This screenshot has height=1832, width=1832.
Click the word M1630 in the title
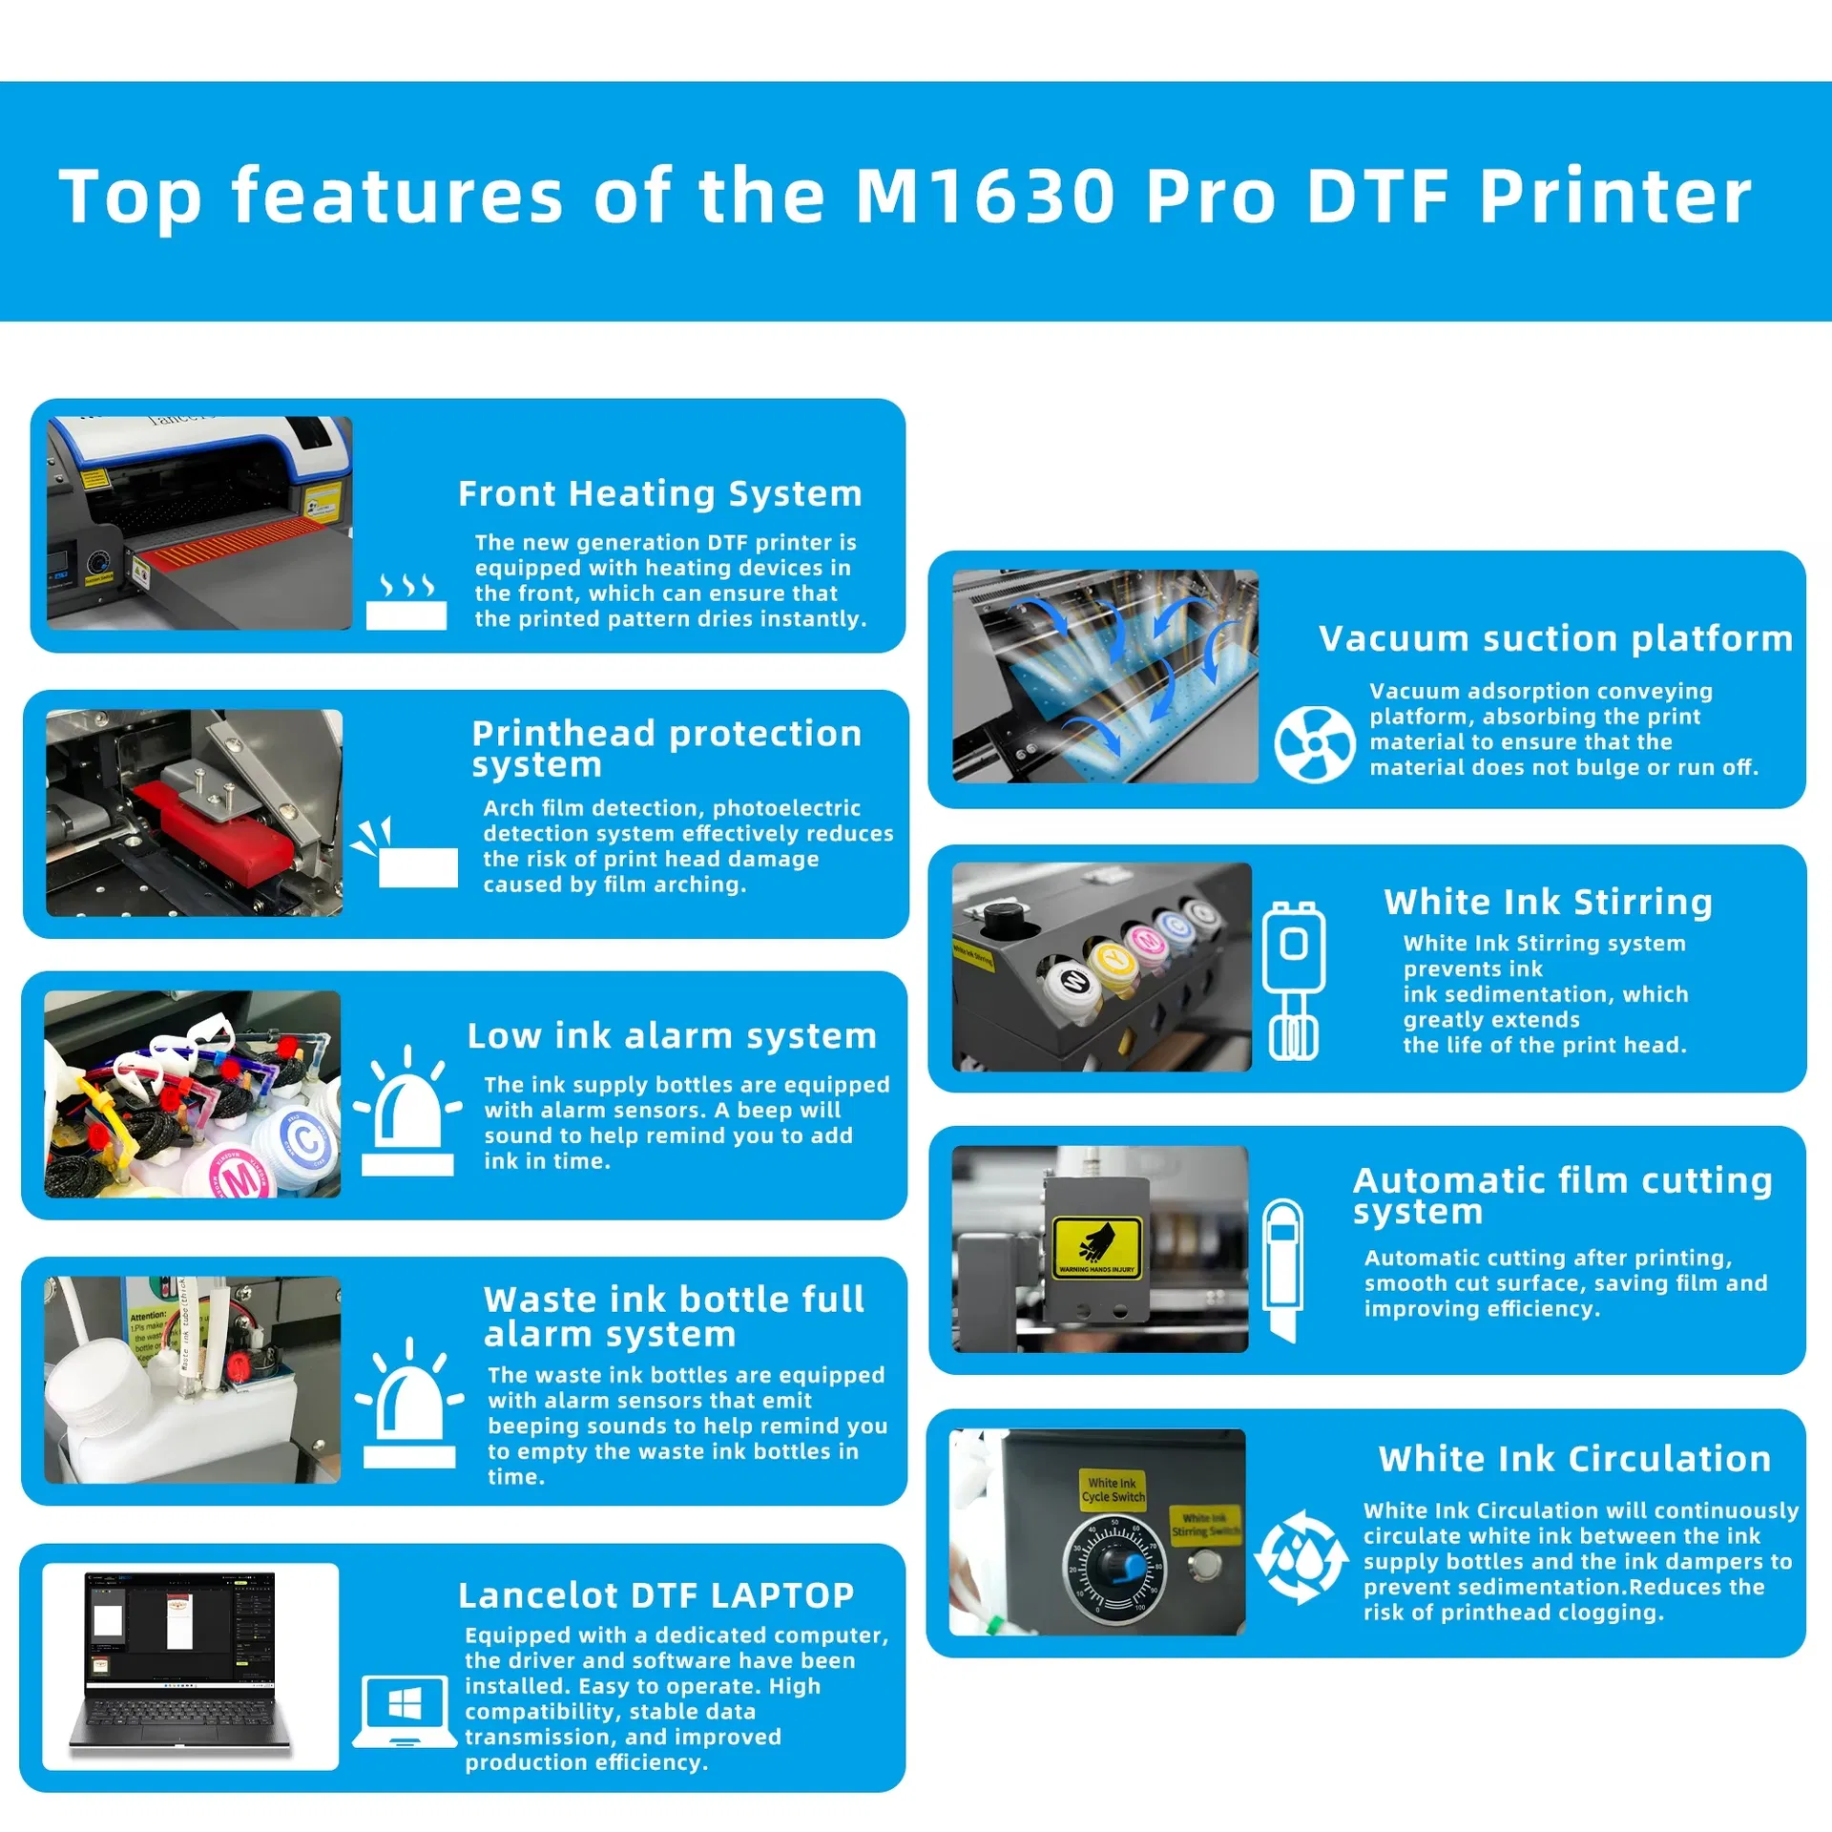pyautogui.click(x=984, y=196)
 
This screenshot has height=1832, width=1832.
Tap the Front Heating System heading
pyautogui.click(x=659, y=493)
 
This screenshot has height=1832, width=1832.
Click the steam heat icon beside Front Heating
pyautogui.click(x=406, y=601)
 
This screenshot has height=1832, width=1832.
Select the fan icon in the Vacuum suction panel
pyautogui.click(x=1314, y=744)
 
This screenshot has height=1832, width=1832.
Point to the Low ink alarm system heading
pyautogui.click(x=672, y=1035)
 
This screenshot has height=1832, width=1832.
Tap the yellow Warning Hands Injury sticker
pyautogui.click(x=1096, y=1246)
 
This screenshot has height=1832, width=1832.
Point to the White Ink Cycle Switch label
pyautogui.click(x=1113, y=1489)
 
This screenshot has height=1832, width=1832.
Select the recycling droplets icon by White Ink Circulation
pyautogui.click(x=1301, y=1557)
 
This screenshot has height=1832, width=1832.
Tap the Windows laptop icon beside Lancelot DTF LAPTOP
pyautogui.click(x=405, y=1711)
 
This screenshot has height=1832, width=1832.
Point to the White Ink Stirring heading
pyautogui.click(x=1548, y=902)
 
